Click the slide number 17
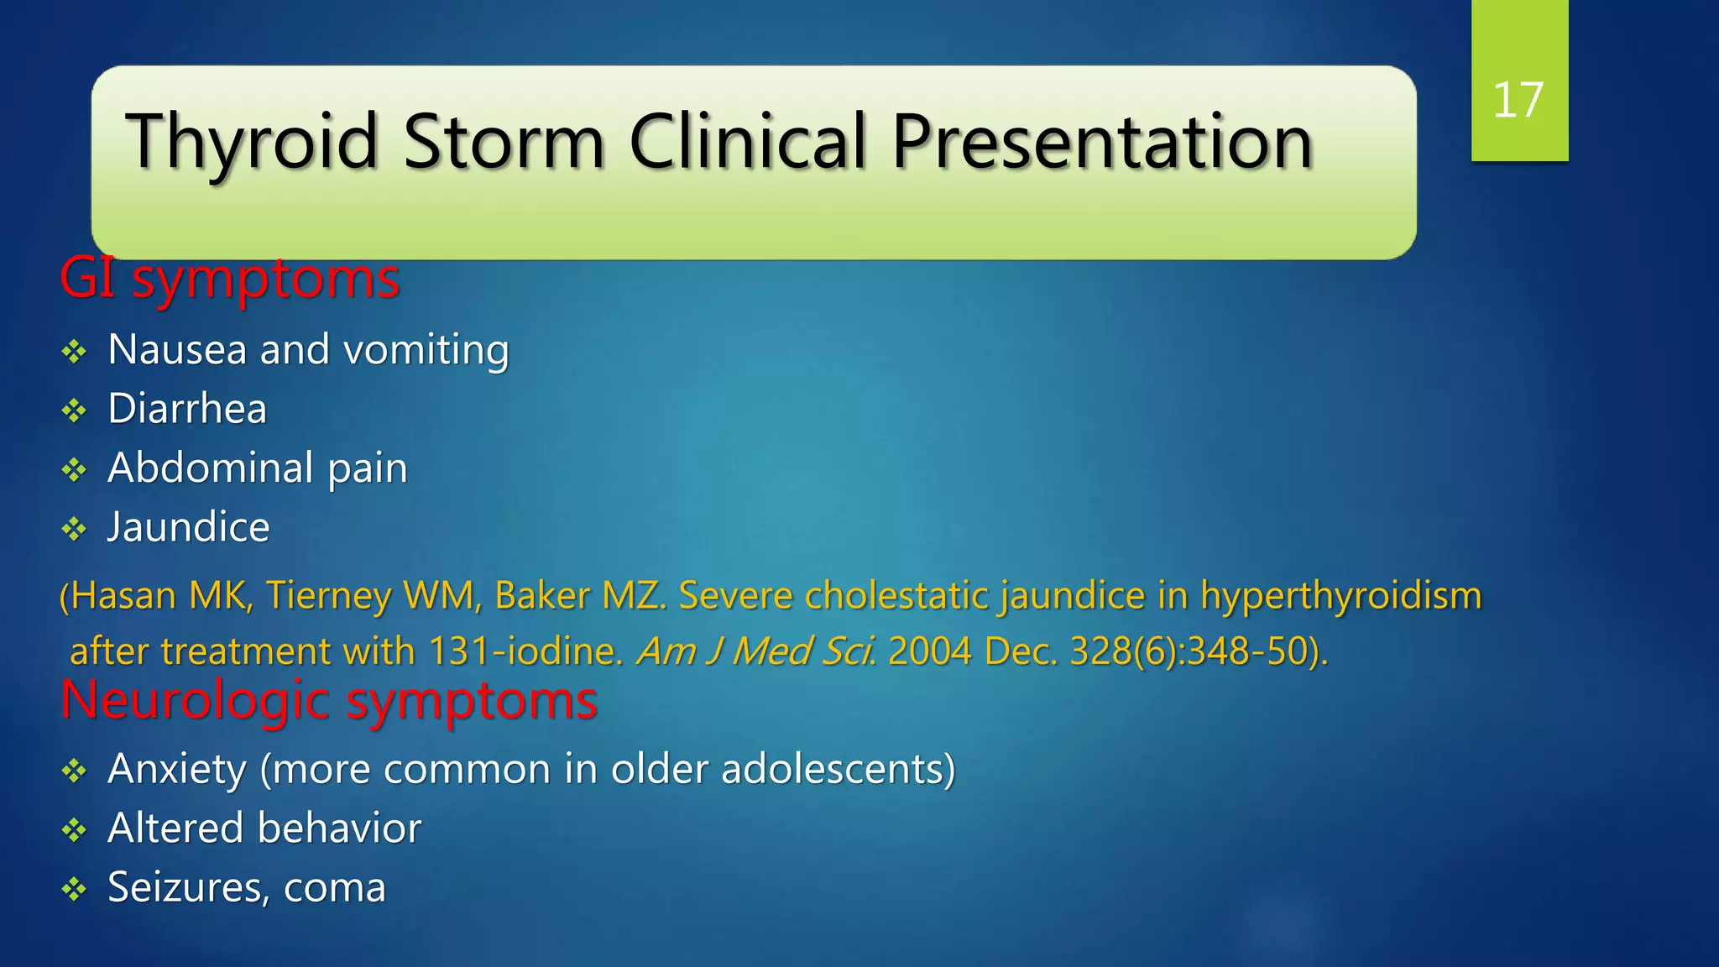coord(1518,101)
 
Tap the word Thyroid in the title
coord(252,143)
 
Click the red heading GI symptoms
coord(229,279)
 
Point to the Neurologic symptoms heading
coord(329,700)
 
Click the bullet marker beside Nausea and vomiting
coord(75,351)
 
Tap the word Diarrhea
coord(187,409)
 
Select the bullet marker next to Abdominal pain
coord(75,469)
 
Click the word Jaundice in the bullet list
coord(189,527)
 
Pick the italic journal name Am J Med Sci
coord(755,651)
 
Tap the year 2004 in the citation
coord(929,651)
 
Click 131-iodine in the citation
coord(522,651)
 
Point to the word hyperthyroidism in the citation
coord(1340,596)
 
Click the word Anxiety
coord(177,769)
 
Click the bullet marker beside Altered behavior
coord(75,830)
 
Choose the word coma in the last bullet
coord(335,888)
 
